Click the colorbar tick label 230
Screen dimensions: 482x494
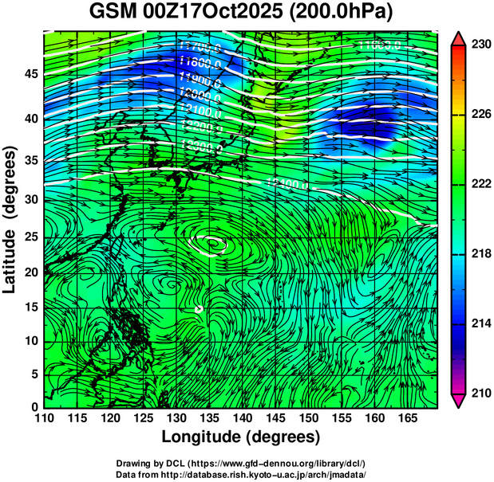point(479,45)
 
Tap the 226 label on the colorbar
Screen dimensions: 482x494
point(479,115)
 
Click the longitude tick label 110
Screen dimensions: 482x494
point(44,419)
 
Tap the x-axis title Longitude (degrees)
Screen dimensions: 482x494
point(240,437)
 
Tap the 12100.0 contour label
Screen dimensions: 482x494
point(200,110)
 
